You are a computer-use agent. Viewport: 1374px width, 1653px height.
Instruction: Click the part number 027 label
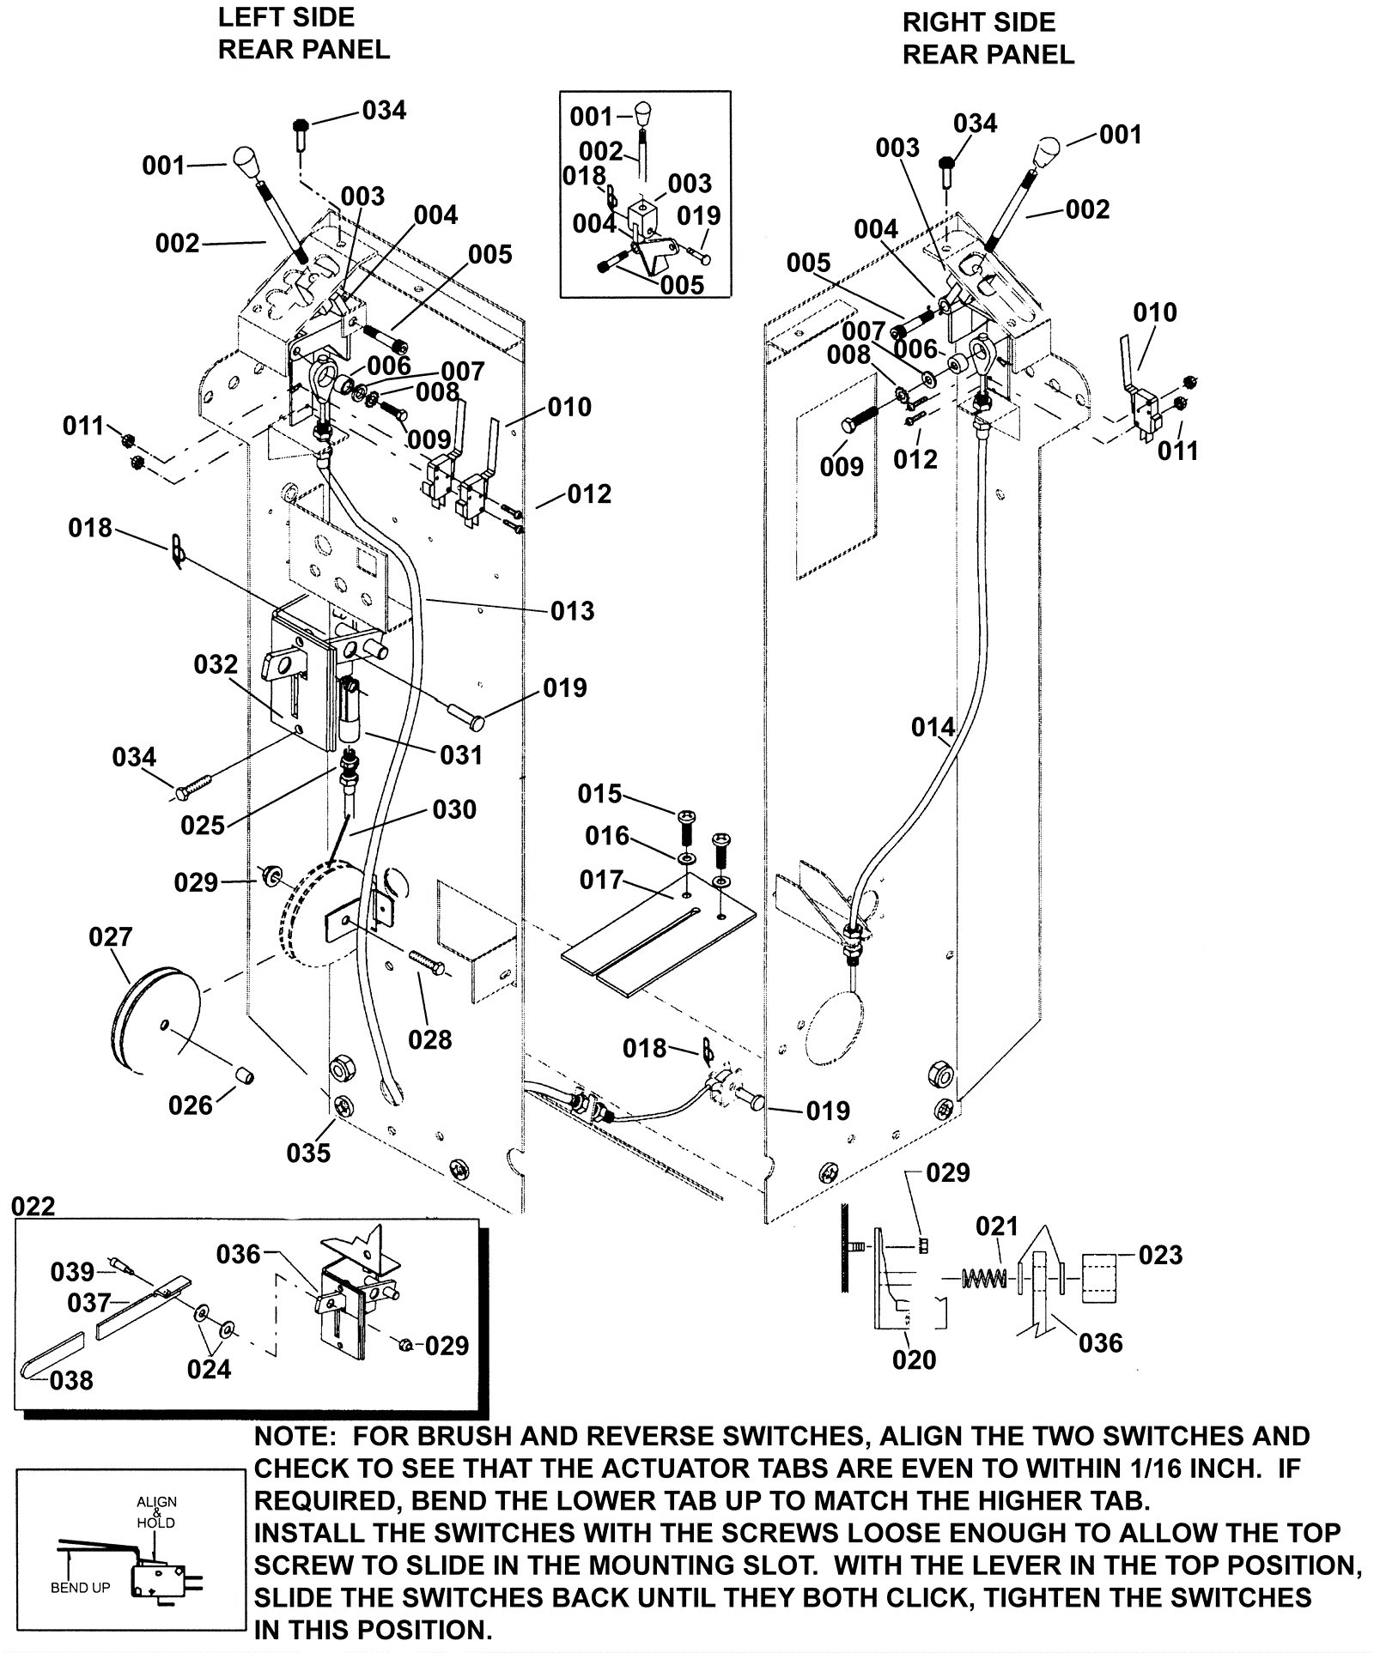[111, 936]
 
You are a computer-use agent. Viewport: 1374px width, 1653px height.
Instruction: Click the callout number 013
[572, 611]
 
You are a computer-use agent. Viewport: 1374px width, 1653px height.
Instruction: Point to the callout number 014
[933, 728]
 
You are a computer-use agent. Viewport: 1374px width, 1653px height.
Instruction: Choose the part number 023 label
[1160, 1255]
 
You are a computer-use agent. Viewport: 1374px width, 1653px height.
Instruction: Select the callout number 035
[308, 1153]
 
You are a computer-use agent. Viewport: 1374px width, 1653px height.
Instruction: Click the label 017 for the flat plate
[601, 880]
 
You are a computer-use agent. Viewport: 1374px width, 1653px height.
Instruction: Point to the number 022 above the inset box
[33, 1206]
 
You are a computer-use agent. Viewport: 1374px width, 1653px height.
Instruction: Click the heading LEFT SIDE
[286, 17]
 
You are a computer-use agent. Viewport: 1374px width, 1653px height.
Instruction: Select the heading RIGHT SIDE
[979, 22]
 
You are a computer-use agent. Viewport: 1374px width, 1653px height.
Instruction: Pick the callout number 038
[71, 1380]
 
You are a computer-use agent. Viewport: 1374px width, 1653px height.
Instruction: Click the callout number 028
[429, 1039]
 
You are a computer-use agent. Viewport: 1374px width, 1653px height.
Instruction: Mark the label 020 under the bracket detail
[914, 1359]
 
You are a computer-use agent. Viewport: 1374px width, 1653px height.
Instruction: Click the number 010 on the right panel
[1154, 312]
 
